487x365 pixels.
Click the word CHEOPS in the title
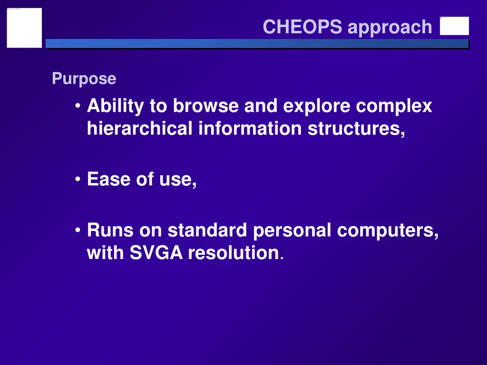click(x=302, y=27)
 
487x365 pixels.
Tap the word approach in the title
click(x=390, y=28)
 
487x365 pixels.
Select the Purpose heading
click(x=84, y=78)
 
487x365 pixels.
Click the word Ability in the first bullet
click(x=116, y=106)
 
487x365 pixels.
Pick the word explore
click(x=317, y=106)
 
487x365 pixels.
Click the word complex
click(x=394, y=106)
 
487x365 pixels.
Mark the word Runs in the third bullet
click(x=110, y=231)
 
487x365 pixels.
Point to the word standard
click(x=207, y=231)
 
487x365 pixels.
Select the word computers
click(x=388, y=231)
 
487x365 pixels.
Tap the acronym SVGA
click(x=156, y=253)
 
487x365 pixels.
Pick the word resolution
click(x=233, y=253)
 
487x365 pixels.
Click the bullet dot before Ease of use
click(x=78, y=180)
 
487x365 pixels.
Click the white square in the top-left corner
click(x=24, y=28)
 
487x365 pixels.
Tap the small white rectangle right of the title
click(x=454, y=26)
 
